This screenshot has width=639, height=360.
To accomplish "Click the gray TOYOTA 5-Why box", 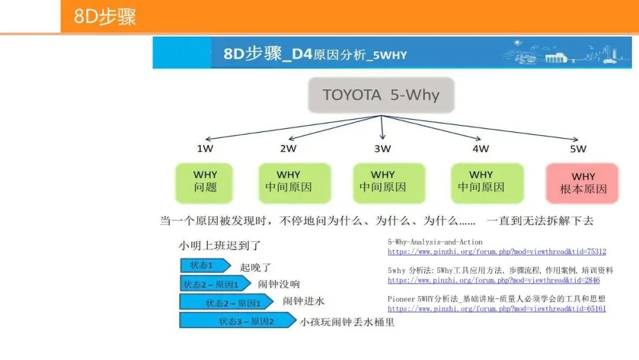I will pyautogui.click(x=381, y=95).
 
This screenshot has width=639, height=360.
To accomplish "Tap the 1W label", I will pyautogui.click(x=205, y=149).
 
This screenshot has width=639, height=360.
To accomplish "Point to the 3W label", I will pyautogui.click(x=382, y=149).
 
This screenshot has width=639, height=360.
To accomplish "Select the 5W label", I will pyautogui.click(x=578, y=149).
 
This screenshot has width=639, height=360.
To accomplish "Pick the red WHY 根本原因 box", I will pyautogui.click(x=583, y=183).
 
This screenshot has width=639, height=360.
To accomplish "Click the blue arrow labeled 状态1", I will pyautogui.click(x=204, y=265).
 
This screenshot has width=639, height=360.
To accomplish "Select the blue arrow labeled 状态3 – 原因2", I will pyautogui.click(x=237, y=321).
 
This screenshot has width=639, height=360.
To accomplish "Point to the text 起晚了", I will pyautogui.click(x=256, y=268).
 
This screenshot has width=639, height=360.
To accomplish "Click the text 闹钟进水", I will pyautogui.click(x=304, y=301).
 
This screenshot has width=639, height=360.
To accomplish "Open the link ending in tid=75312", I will pyautogui.click(x=496, y=252).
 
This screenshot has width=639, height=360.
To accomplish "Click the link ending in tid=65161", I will pyautogui.click(x=496, y=308).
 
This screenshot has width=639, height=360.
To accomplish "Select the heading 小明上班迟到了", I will pyautogui.click(x=220, y=245).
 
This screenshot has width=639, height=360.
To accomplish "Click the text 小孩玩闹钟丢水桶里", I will pyautogui.click(x=347, y=322).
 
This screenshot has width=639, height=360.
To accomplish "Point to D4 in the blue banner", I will pyautogui.click(x=301, y=54).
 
